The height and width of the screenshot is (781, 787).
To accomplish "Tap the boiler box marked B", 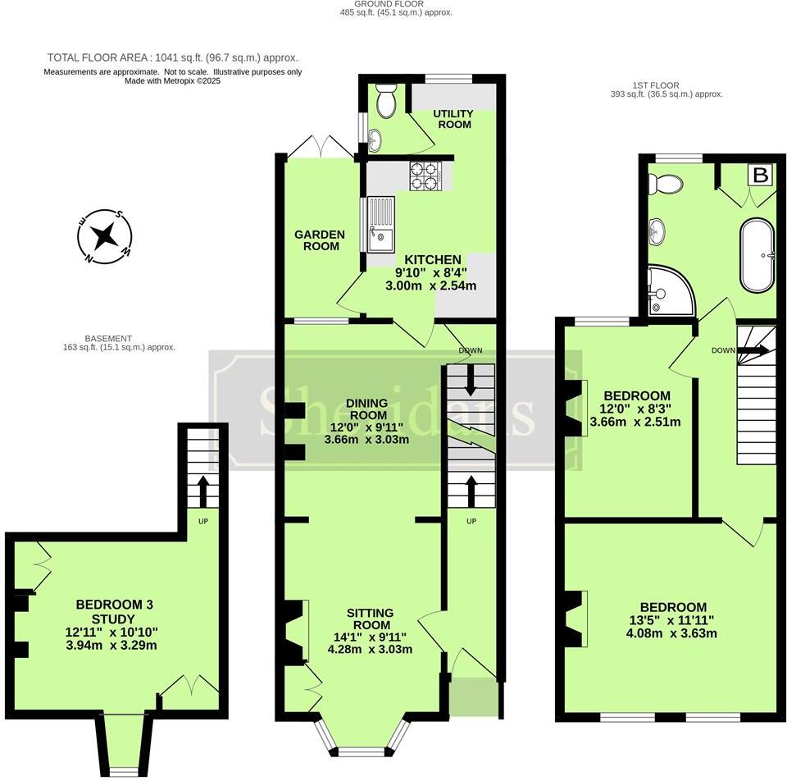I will pos(761,176).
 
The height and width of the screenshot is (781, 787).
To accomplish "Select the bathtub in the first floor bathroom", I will pos(757,254).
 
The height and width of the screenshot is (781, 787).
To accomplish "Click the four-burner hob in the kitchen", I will pos(425,174).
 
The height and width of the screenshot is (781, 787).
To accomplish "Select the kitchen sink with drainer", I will pos(380,224).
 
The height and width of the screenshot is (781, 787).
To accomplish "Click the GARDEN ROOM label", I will pos(320,240).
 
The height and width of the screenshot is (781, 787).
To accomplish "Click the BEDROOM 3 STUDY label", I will pos(115,611).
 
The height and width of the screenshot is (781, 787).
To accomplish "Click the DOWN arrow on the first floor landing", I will pos(751,350).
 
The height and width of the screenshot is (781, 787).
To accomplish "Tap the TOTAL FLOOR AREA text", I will pos(172,57).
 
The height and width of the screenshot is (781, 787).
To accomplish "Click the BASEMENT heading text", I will pos(108,338).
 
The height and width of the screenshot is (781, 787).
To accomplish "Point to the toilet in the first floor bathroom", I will pos(670,185).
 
